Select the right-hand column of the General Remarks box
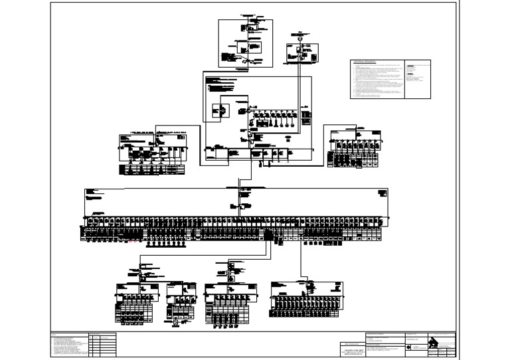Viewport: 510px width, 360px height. click(x=418, y=80)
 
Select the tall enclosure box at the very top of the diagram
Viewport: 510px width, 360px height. click(x=246, y=43)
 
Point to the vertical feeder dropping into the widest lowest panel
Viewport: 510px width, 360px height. click(x=301, y=262)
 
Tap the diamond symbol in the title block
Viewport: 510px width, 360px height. click(x=407, y=346)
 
